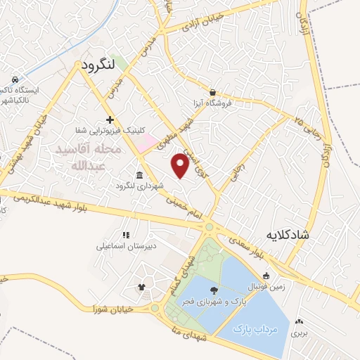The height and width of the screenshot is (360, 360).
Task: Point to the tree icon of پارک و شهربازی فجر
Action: point(213,289)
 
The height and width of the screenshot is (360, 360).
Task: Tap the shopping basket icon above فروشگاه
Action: point(212,92)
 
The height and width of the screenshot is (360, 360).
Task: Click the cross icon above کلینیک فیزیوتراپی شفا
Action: point(110,119)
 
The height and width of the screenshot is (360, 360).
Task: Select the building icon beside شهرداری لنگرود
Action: point(138,175)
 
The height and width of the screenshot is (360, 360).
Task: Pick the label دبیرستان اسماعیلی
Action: point(127,247)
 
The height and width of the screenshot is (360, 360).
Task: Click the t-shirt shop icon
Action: point(141,287)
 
